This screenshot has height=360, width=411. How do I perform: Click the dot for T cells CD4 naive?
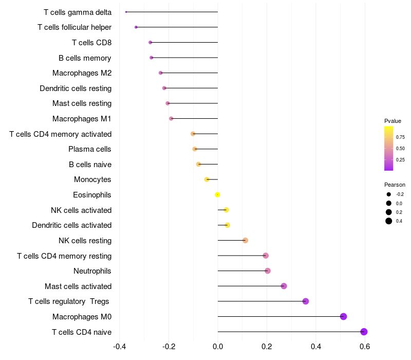coord(364,332)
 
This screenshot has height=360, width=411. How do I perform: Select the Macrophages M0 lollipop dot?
coord(343,316)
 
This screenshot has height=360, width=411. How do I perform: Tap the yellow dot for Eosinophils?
coord(217,194)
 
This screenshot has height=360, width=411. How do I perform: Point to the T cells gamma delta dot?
coord(126,12)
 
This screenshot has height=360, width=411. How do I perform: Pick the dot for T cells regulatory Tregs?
coord(306,301)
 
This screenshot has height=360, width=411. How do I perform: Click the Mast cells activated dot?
coord(284,286)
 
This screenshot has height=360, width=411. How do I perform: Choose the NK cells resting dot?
coord(245,240)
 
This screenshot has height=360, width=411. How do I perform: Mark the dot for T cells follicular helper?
coord(136,27)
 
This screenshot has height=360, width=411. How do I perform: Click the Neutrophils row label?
coord(92,271)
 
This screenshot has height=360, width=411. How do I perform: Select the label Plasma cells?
coord(90,149)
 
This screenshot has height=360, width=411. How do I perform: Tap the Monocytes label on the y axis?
coord(92,179)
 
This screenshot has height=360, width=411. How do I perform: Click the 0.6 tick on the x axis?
coord(365,347)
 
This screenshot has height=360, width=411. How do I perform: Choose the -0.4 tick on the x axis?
coord(119,347)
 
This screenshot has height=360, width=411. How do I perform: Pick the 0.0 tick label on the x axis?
coord(218,347)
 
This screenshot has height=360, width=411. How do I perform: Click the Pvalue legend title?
coord(393,121)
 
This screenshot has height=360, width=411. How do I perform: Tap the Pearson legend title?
coord(395,185)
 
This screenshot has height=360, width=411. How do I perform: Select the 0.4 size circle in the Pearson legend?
coord(389,221)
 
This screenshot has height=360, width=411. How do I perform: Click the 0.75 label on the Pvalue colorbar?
coord(400,137)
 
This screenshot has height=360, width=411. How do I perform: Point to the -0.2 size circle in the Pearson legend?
coord(389,194)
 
